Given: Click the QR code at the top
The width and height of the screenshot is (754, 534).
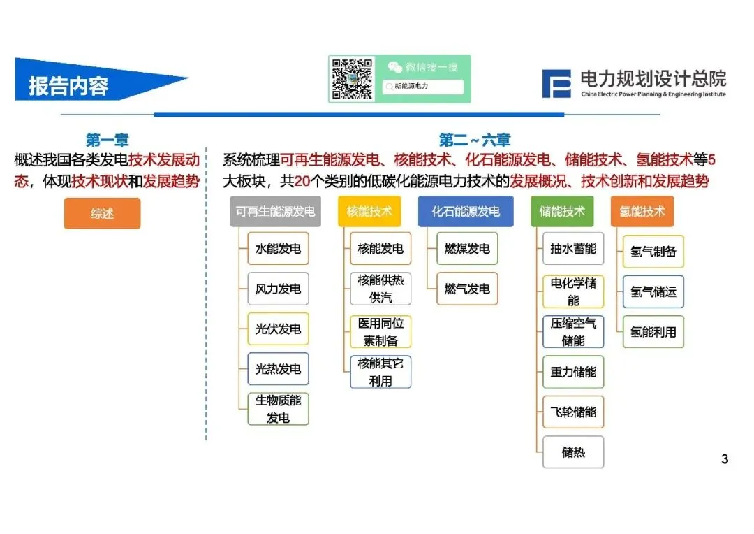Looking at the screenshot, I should pyautogui.click(x=353, y=79).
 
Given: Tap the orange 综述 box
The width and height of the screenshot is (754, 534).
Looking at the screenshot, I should pyautogui.click(x=102, y=213).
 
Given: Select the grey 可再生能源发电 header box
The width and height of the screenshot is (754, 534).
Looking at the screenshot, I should pyautogui.click(x=275, y=211).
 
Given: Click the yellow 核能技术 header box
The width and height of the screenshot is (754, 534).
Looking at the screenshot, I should pyautogui.click(x=369, y=211).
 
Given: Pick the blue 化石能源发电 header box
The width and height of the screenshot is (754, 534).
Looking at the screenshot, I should pyautogui.click(x=466, y=211).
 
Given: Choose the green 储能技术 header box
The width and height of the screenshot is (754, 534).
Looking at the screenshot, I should pyautogui.click(x=562, y=211).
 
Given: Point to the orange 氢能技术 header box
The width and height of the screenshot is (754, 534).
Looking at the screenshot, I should pyautogui.click(x=642, y=211).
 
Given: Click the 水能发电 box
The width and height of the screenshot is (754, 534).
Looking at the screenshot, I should pyautogui.click(x=278, y=249).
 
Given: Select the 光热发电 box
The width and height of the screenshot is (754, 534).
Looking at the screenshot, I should pyautogui.click(x=278, y=369).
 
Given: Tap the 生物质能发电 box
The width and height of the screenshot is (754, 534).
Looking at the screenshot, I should pyautogui.click(x=278, y=409).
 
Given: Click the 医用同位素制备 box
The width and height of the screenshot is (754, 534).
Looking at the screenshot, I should pyautogui.click(x=380, y=331).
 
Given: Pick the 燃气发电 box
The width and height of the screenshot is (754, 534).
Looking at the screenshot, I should pyautogui.click(x=467, y=289).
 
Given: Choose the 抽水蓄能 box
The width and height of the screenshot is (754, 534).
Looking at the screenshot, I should pyautogui.click(x=573, y=249).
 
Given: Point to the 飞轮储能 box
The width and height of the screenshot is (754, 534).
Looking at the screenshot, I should pyautogui.click(x=573, y=412).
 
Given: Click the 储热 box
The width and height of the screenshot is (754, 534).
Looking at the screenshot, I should pyautogui.click(x=573, y=452).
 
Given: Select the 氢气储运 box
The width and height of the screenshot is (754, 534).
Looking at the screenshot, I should pyautogui.click(x=653, y=291).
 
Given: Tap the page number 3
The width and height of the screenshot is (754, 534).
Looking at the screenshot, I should pyautogui.click(x=725, y=459).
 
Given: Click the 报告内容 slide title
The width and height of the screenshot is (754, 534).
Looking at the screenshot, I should pyautogui.click(x=68, y=85).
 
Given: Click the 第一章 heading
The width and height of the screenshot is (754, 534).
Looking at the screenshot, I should pyautogui.click(x=107, y=140).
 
